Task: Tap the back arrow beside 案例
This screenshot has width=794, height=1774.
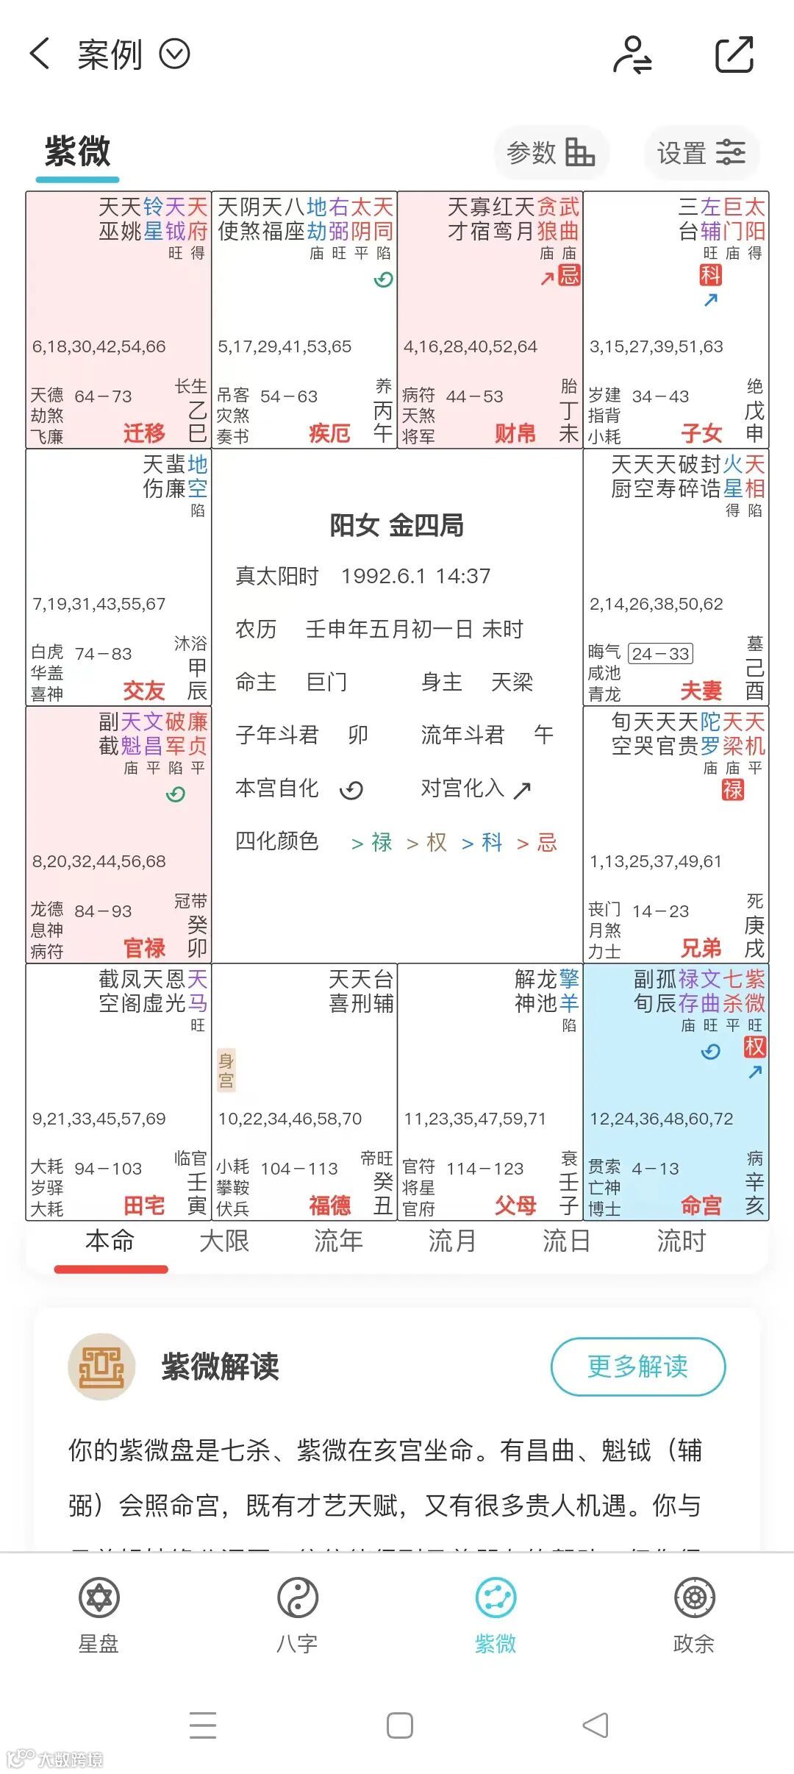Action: [x=40, y=54]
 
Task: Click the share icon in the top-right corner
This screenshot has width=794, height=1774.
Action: [x=734, y=54]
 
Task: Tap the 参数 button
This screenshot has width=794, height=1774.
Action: [x=550, y=153]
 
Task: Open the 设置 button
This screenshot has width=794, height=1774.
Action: [x=701, y=153]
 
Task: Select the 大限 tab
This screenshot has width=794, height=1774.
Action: [x=224, y=1242]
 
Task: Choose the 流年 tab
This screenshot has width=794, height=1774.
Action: [x=338, y=1242]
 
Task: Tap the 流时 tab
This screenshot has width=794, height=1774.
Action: [x=681, y=1242]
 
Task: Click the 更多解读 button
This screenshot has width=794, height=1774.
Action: [x=637, y=1367]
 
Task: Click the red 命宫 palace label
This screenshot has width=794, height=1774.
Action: [x=701, y=1205]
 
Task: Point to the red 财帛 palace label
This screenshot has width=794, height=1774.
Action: [x=515, y=433]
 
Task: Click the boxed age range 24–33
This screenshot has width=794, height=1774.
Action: [x=661, y=654]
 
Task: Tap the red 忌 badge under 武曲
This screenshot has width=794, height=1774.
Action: [x=569, y=275]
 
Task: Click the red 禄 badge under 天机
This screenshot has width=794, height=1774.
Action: [x=732, y=790]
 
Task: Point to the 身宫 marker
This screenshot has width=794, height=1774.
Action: [x=226, y=1070]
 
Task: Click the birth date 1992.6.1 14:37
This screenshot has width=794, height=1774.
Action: [x=415, y=576]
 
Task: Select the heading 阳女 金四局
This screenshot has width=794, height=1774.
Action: [x=396, y=525]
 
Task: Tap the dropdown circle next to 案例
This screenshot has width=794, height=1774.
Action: [x=175, y=54]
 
